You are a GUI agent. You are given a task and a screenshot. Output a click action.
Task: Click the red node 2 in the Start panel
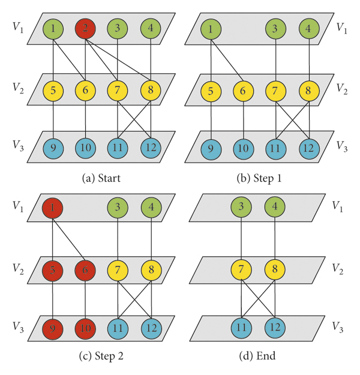(x=86, y=28)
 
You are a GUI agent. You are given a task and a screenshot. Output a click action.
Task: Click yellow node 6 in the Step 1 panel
(x=244, y=91)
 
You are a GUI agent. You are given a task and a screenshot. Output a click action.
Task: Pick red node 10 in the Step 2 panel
(x=86, y=329)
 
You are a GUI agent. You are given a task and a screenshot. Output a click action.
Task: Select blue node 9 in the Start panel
(x=54, y=147)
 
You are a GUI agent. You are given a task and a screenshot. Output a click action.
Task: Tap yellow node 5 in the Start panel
(x=54, y=91)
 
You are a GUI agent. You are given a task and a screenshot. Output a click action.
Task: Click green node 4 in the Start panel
(x=150, y=28)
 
